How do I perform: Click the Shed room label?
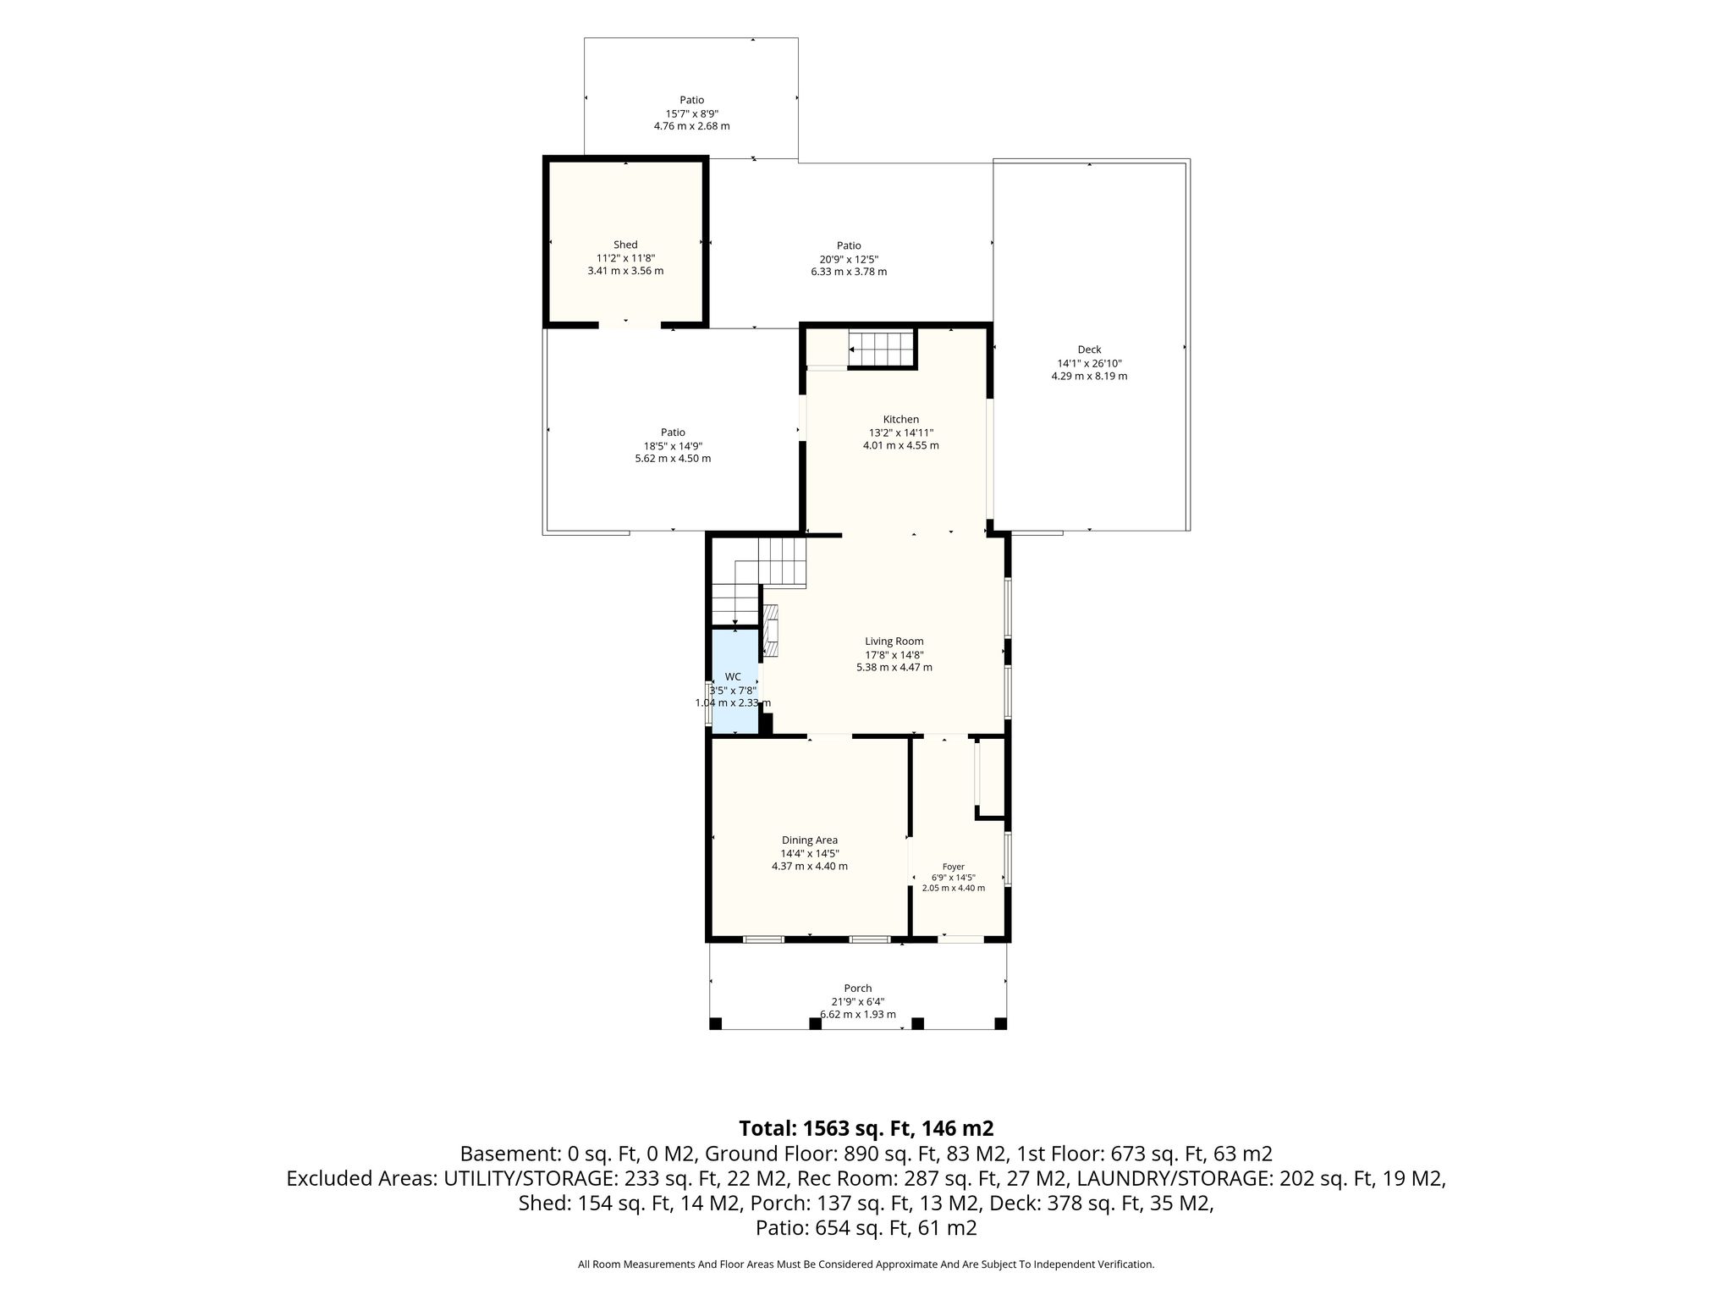tap(625, 245)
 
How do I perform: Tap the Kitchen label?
tap(900, 419)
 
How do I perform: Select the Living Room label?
tap(894, 642)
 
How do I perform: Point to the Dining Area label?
tap(810, 840)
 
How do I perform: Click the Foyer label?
tap(954, 867)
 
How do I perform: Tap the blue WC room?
tap(734, 681)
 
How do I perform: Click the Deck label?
tap(1089, 350)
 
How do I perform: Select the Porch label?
tap(857, 988)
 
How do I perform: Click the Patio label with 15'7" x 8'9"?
tap(691, 100)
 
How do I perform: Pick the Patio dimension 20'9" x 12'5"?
tap(849, 259)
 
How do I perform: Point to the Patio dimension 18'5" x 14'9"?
tap(673, 446)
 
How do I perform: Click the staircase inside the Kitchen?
tap(883, 349)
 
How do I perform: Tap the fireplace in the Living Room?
tap(771, 631)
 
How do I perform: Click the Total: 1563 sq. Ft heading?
tap(866, 1128)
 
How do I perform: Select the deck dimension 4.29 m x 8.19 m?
tap(1089, 376)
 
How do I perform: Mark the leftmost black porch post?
tap(715, 1023)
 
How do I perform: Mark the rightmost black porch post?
tap(1000, 1023)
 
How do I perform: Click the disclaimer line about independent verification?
tap(866, 1264)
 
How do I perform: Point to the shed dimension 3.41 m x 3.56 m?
tap(625, 272)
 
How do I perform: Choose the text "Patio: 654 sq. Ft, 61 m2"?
tap(866, 1228)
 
